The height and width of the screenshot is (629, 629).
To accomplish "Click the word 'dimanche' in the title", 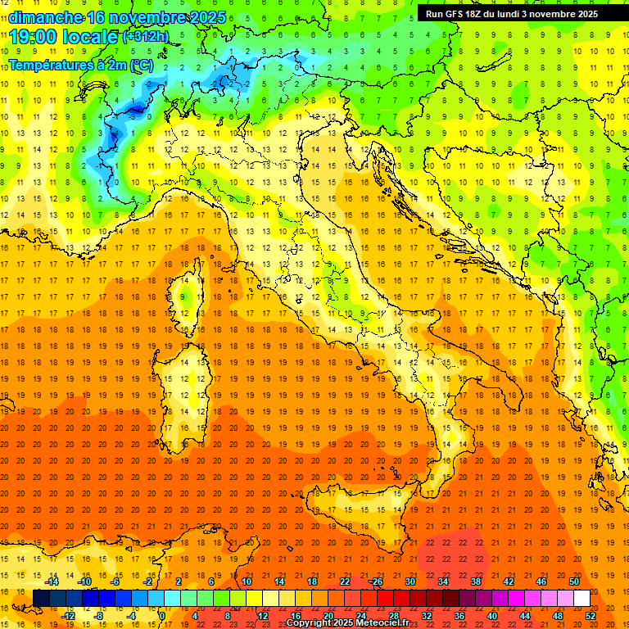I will point(45,17).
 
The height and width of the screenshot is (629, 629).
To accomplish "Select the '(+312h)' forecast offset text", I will point(146,36).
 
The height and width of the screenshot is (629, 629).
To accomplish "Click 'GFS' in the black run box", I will point(455,13).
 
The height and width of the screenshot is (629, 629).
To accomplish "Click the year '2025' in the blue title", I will point(203,17).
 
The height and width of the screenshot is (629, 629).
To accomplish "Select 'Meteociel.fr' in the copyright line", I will point(382,623).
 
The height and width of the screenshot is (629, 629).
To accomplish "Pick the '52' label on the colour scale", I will point(591,616).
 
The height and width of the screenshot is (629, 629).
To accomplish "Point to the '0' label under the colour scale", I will point(161,616).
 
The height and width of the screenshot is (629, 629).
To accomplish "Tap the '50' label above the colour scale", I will point(573,581).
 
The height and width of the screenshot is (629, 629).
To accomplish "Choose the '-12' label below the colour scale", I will point(68,616).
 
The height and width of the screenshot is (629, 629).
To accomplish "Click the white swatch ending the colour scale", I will point(581,599).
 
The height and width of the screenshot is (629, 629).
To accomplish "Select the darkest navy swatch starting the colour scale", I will point(41,599).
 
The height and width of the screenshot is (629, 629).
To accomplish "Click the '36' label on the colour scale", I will point(459,616).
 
